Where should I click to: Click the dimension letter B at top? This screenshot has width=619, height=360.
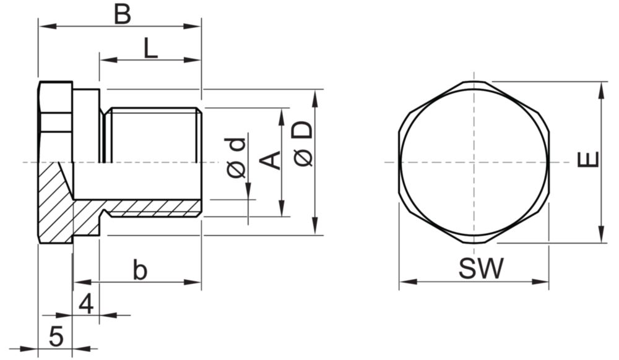coord(122,15)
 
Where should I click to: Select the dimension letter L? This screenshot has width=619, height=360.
coord(150,49)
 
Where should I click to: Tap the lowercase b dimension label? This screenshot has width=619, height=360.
coord(140,270)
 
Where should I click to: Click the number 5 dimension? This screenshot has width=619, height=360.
coord(56,337)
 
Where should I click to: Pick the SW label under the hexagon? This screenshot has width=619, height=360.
coord(481,269)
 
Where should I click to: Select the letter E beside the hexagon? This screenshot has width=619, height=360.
coord(588,160)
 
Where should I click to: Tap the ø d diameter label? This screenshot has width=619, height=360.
coord(235,157)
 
